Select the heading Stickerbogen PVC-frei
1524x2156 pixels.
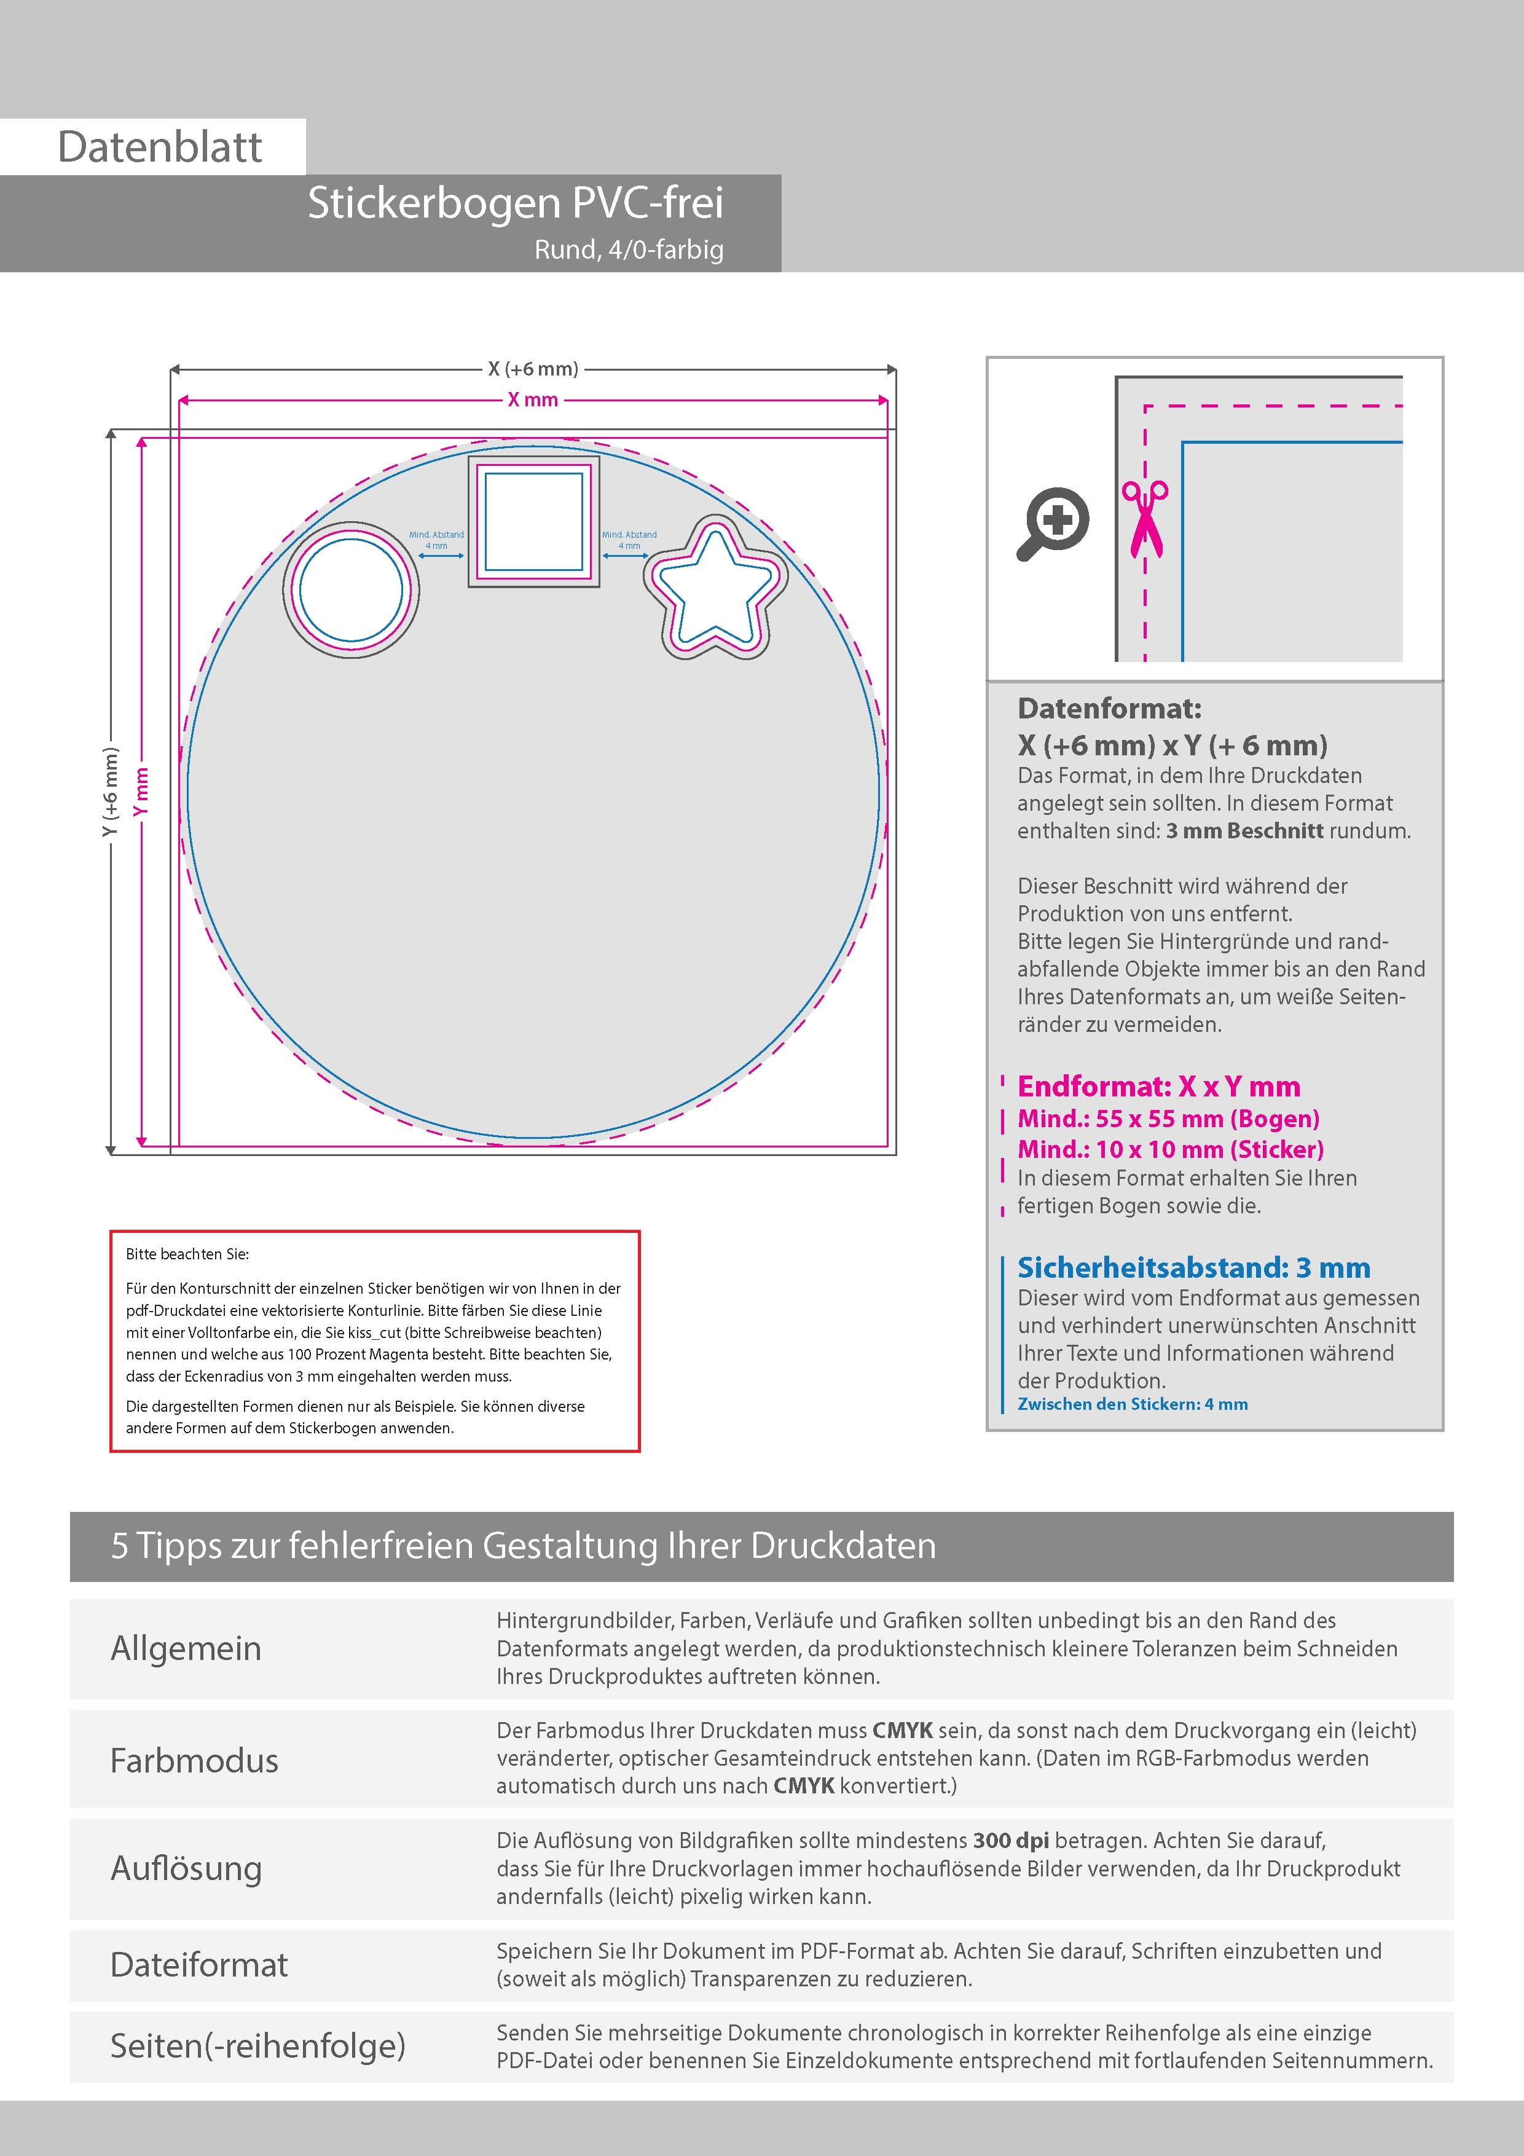point(516,203)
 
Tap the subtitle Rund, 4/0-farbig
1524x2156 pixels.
point(628,250)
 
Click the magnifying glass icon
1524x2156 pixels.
point(1053,523)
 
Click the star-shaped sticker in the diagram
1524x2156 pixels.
point(715,589)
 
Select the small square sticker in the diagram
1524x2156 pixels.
point(533,522)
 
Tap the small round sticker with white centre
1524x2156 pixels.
point(351,590)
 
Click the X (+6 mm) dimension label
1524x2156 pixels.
point(532,369)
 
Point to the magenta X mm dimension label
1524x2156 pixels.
point(532,400)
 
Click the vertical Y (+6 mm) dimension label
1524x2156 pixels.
point(111,792)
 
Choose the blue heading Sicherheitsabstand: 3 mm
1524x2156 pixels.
point(1193,1268)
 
